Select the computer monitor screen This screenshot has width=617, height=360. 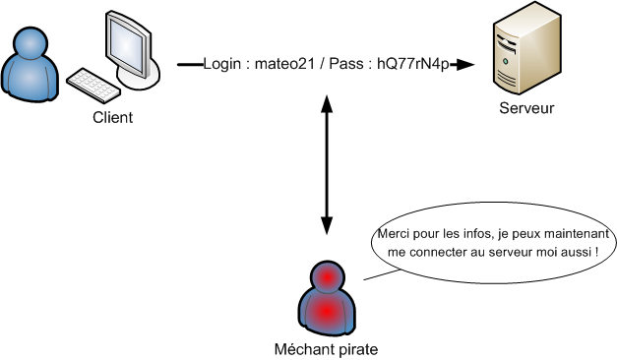pyautogui.click(x=127, y=43)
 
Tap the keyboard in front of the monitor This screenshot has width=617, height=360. pyautogui.click(x=94, y=83)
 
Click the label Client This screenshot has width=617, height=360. pyautogui.click(x=112, y=117)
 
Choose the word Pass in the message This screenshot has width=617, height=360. pyautogui.click(x=343, y=64)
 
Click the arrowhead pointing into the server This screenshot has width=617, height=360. pyautogui.click(x=466, y=64)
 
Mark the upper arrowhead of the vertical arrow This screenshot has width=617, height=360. pyautogui.click(x=325, y=94)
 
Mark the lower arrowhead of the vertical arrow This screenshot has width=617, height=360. pyautogui.click(x=325, y=232)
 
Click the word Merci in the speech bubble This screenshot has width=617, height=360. pyautogui.click(x=394, y=236)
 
